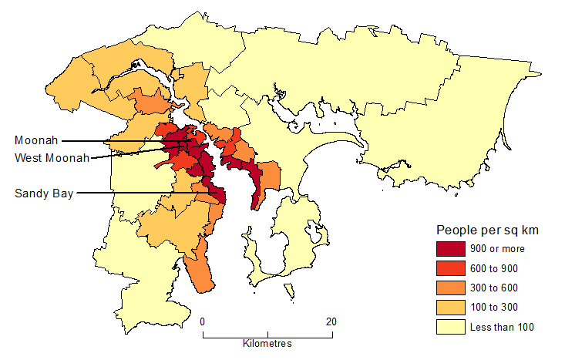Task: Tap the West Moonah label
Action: click(x=52, y=158)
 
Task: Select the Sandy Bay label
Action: click(x=44, y=193)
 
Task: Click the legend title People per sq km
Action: click(x=487, y=230)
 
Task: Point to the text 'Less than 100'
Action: click(x=502, y=327)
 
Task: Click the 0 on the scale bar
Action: click(x=203, y=321)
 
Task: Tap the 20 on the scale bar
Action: click(x=331, y=321)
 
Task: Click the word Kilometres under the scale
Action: click(x=267, y=344)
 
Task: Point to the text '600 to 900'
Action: click(x=494, y=268)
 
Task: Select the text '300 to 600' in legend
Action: click(x=494, y=288)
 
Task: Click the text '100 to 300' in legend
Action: click(x=494, y=307)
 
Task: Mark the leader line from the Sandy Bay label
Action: click(x=139, y=193)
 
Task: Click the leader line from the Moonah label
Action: click(x=116, y=141)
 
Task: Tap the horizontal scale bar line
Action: click(x=267, y=335)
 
